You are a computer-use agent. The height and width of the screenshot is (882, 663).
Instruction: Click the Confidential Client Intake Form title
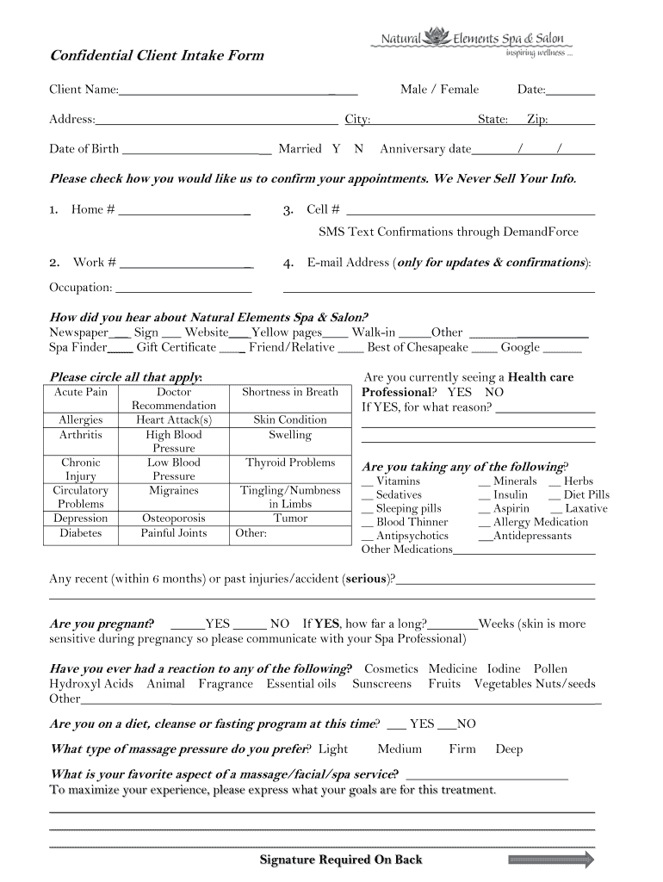coord(157,56)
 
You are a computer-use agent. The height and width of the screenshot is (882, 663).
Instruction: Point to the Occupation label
coord(80,287)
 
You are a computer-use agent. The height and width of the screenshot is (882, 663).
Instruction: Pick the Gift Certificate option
coord(177,347)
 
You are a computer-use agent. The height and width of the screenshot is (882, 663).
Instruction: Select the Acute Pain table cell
coord(81,392)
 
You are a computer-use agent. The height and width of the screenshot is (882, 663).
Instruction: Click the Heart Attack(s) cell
coord(174,419)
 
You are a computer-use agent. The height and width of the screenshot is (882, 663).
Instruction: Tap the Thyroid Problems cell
coord(290,463)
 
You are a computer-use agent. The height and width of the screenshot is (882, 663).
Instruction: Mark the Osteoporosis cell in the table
coord(174,519)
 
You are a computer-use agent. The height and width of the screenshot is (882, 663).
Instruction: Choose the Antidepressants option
coord(531,536)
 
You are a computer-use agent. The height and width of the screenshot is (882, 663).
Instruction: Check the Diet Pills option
coord(586,494)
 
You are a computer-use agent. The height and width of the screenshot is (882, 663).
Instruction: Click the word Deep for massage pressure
coord(509,749)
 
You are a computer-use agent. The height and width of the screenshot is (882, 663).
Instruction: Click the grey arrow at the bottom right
coord(551,860)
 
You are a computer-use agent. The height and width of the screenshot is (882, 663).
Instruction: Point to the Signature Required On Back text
coord(341,860)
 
